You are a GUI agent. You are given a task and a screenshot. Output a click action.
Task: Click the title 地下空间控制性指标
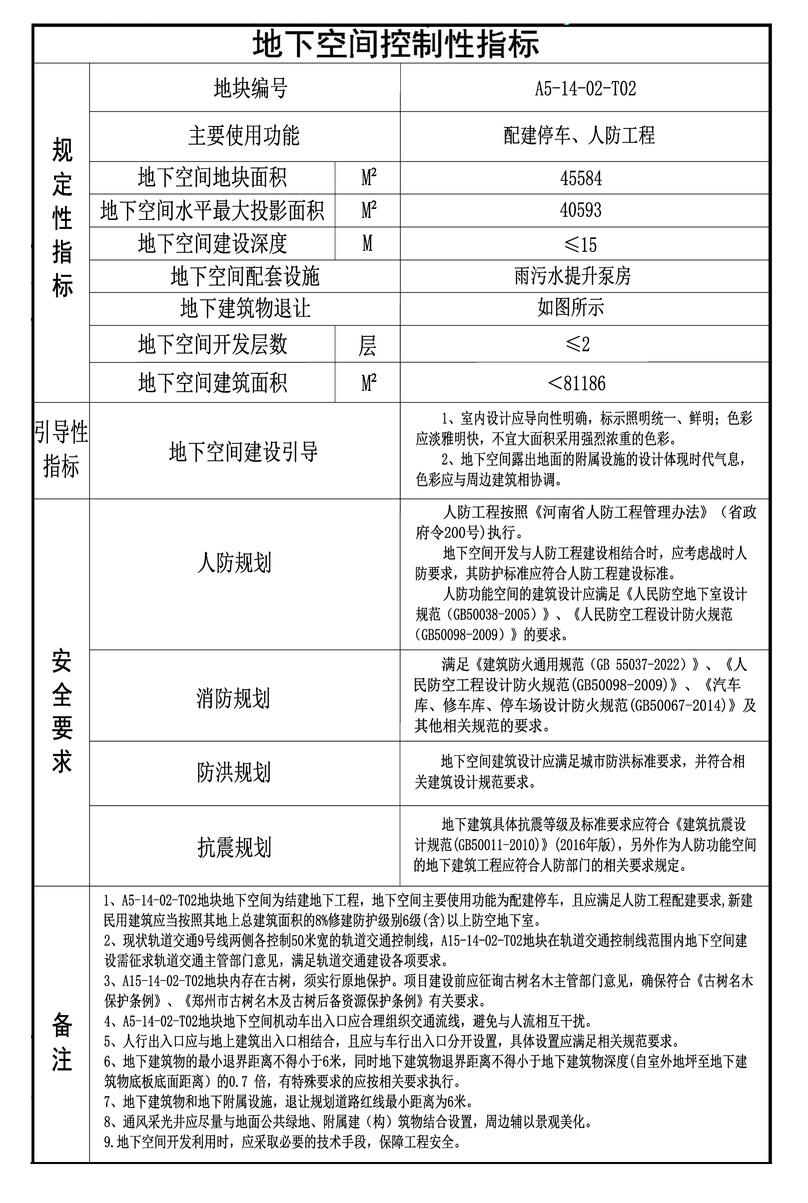point(395,44)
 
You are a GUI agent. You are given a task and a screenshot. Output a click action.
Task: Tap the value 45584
point(581,178)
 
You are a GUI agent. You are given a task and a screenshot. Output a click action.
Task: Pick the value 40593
point(581,210)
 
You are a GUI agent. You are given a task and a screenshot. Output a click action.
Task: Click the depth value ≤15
point(581,244)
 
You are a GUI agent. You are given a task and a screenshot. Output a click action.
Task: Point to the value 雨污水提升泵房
point(573,277)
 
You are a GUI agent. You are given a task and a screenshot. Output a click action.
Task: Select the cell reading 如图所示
point(571,308)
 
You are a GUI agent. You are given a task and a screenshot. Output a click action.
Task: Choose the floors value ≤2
point(577,344)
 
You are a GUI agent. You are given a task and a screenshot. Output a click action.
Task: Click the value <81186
point(577,383)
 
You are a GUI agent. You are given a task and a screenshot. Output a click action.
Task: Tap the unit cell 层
point(367,345)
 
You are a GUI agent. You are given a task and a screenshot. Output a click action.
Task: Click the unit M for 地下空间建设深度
point(367,243)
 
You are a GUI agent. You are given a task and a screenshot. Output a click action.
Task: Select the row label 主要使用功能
point(244,136)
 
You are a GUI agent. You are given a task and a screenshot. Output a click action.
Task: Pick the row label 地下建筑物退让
point(245,309)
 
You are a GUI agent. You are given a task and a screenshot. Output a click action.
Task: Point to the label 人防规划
point(234,562)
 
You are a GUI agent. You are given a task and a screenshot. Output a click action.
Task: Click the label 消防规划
point(233,698)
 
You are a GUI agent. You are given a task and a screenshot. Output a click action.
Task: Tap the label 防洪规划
point(233,772)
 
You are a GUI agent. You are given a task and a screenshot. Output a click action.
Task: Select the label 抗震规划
point(234,847)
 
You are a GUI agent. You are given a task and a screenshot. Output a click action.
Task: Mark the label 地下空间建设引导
point(243,452)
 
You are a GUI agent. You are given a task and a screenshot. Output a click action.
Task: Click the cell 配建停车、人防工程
point(579,135)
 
